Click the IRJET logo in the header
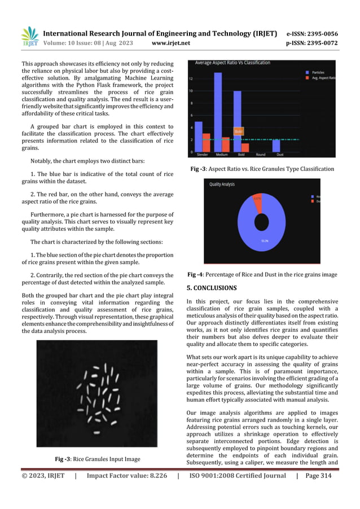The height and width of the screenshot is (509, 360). (29, 37)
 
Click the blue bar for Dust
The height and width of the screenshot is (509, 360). (276, 146)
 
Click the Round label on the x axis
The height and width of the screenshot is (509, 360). (260, 154)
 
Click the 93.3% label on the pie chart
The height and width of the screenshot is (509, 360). (264, 241)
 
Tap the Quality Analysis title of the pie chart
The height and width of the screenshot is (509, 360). (222, 184)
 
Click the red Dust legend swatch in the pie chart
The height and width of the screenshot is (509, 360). (311, 201)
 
